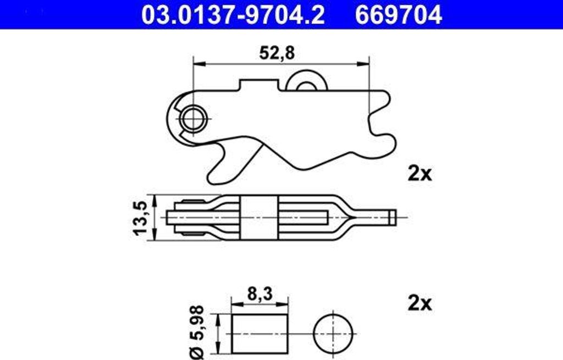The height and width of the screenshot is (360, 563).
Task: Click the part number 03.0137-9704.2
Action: pyautogui.click(x=233, y=15)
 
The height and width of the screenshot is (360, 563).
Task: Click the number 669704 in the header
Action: pyautogui.click(x=398, y=15)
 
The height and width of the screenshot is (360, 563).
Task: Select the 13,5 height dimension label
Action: pyautogui.click(x=140, y=218)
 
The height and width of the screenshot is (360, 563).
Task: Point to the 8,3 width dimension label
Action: pyautogui.click(x=259, y=295)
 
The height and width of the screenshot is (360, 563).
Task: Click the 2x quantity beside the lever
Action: pyautogui.click(x=420, y=174)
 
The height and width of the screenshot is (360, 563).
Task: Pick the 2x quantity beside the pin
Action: pyautogui.click(x=420, y=303)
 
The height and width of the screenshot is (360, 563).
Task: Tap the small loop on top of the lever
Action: pyautogui.click(x=306, y=81)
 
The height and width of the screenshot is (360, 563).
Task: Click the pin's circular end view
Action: pyautogui.click(x=334, y=333)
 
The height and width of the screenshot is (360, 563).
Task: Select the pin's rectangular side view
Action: pyautogui.click(x=260, y=333)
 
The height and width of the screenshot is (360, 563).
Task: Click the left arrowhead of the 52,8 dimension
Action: pyautogui.click(x=198, y=64)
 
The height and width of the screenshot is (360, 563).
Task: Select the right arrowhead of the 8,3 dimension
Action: pyautogui.click(x=284, y=303)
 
